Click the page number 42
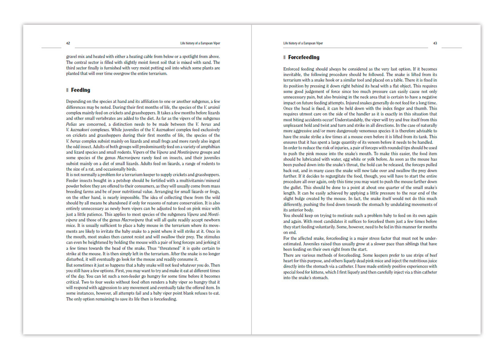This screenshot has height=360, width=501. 68,43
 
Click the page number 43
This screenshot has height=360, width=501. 435,43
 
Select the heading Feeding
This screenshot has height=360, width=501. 80,90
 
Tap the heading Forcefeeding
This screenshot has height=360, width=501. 303,57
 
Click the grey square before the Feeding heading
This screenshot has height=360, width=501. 68,90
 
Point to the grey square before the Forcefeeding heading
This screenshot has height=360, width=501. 284,57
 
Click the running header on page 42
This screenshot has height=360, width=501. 200,43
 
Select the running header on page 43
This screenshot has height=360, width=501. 303,43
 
